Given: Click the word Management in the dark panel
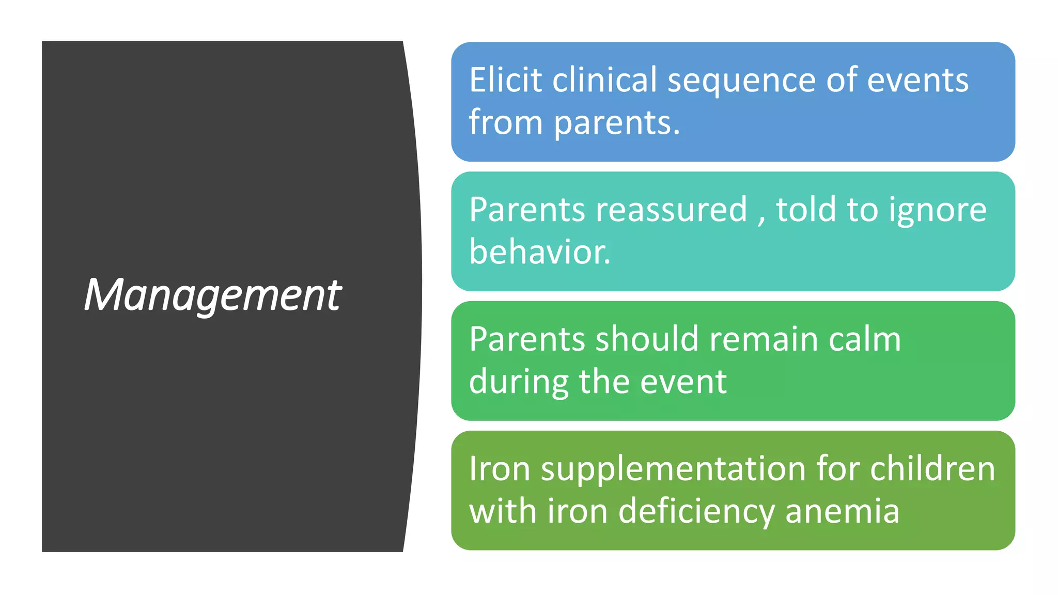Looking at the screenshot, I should pyautogui.click(x=212, y=295).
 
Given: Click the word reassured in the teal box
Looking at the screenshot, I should pyautogui.click(x=671, y=210).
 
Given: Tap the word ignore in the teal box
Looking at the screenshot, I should pyautogui.click(x=937, y=211).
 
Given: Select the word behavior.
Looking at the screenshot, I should pyautogui.click(x=539, y=252).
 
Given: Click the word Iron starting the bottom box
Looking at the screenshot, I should pyautogui.click(x=500, y=469).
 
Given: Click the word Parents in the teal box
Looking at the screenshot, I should pyautogui.click(x=527, y=210).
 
